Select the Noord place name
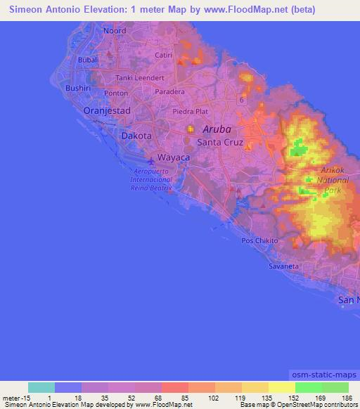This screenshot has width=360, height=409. coord(114,32)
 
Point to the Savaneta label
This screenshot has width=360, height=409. coord(283,267)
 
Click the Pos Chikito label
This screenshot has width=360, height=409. coord(259,241)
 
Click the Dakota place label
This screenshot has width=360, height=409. coord(136,136)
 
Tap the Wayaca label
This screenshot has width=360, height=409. coord(173,158)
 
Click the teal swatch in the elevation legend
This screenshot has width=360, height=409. coord(41,387)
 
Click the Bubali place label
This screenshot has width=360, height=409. coord(88,60)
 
